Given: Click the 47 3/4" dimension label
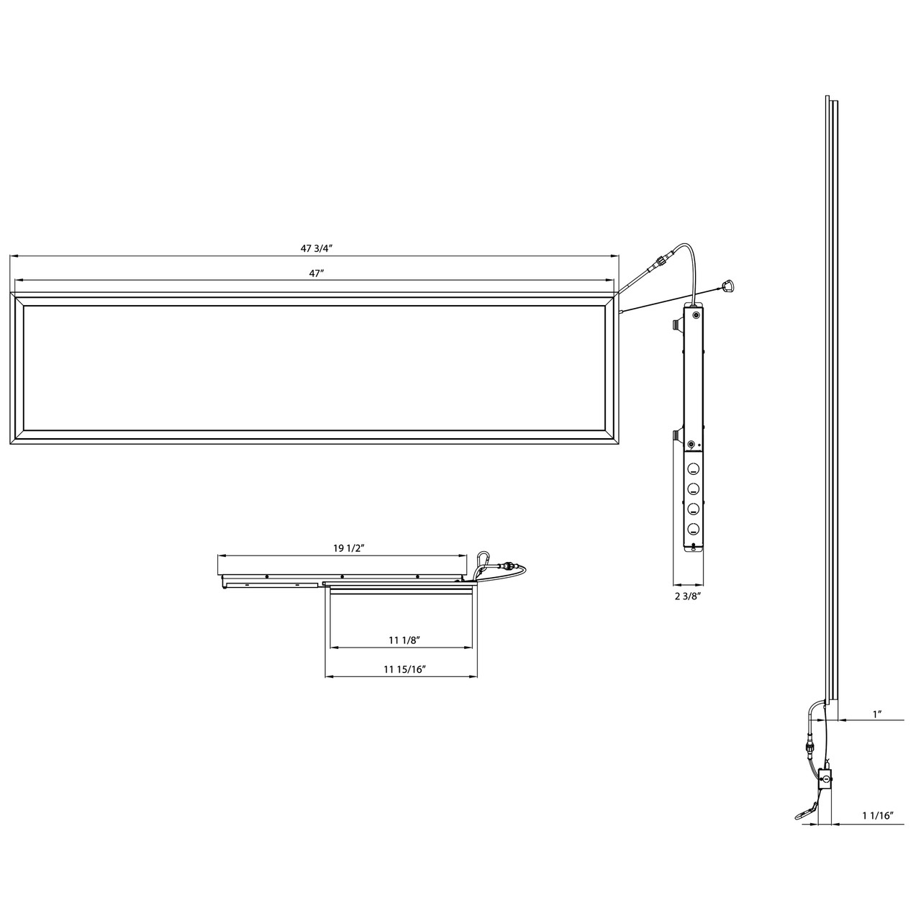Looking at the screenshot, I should (x=315, y=248).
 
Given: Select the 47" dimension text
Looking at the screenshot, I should (x=314, y=273).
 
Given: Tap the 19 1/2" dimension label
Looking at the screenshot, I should (x=350, y=548).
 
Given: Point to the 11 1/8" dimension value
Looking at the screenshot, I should (x=404, y=640).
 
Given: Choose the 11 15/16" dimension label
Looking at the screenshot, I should (x=404, y=669).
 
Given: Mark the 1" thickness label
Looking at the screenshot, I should (x=877, y=714).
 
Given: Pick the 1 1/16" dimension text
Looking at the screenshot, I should (x=877, y=816).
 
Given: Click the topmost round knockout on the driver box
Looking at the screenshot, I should (x=694, y=469).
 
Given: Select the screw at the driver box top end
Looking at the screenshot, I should (x=694, y=314).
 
